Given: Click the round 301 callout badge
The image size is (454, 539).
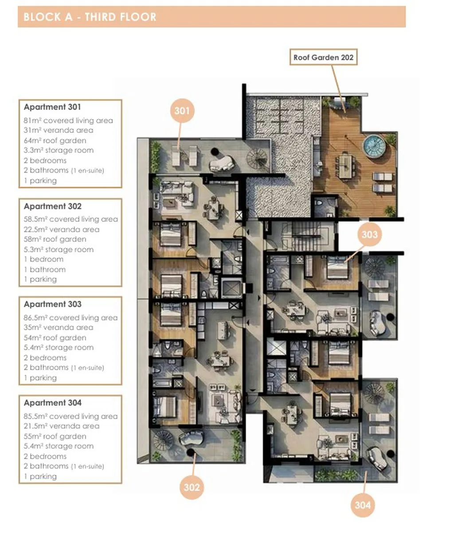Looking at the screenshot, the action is click(x=182, y=111).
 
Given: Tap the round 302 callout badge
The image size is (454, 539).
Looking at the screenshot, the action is click(x=192, y=487).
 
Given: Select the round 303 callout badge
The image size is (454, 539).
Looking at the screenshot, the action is click(x=369, y=234).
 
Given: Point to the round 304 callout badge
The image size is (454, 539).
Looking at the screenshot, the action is click(x=363, y=505).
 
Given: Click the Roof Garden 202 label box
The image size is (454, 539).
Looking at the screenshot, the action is click(x=323, y=57).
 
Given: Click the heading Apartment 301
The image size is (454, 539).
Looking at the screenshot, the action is click(x=52, y=107).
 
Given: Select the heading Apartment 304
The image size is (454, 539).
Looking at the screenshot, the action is click(x=53, y=402).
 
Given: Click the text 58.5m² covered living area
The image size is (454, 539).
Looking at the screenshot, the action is click(x=70, y=219).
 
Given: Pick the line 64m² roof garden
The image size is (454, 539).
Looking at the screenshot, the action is click(x=55, y=140).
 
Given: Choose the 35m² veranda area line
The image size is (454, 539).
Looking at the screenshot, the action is click(x=58, y=327).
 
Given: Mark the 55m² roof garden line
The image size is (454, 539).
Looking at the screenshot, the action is click(x=55, y=436).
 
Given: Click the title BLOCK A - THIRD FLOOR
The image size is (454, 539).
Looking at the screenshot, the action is click(x=90, y=17).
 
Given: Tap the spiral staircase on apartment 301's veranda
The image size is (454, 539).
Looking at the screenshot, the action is click(x=256, y=158).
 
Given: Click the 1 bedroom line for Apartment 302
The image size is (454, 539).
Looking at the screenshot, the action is click(x=43, y=259).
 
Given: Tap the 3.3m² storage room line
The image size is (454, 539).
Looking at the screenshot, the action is click(x=59, y=150).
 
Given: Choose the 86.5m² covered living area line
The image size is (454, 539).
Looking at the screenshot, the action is click(x=70, y=317).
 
